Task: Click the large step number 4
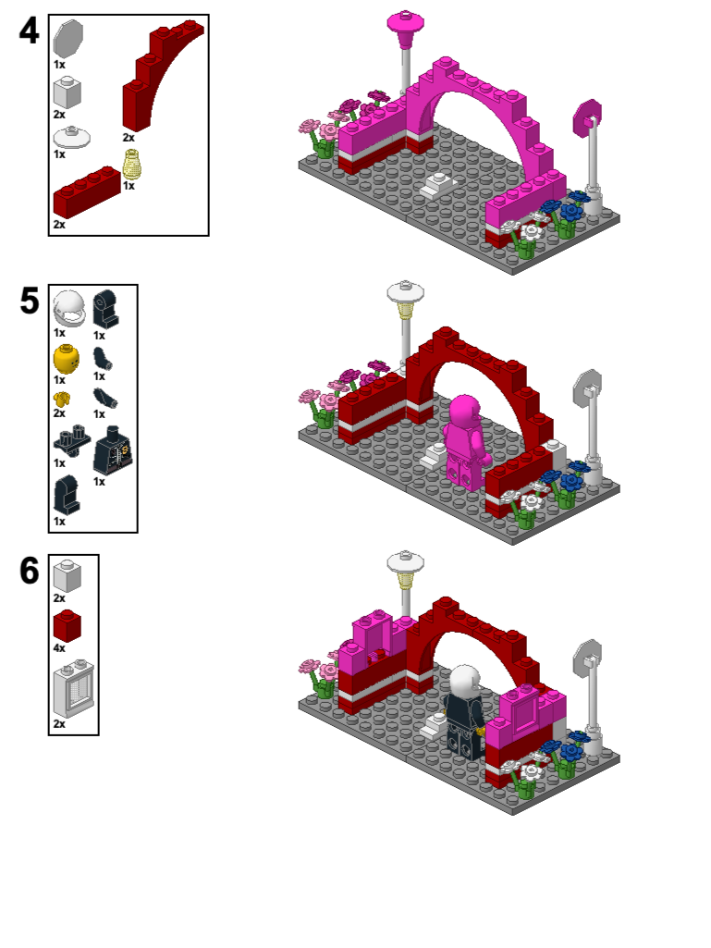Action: [29, 31]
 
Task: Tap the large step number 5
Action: [30, 301]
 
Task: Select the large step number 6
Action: [30, 570]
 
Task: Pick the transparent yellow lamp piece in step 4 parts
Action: [131, 164]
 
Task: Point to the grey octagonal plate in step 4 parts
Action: [67, 38]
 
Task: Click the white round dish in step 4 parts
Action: [71, 137]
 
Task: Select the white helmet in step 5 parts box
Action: [69, 308]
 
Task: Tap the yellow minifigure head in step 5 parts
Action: [66, 359]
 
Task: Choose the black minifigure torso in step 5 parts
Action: [113, 450]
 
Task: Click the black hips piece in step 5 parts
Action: [71, 441]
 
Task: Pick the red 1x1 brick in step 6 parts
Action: [67, 625]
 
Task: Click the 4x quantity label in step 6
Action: [59, 648]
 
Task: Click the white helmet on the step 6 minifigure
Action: [466, 682]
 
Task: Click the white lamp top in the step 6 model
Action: [405, 563]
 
